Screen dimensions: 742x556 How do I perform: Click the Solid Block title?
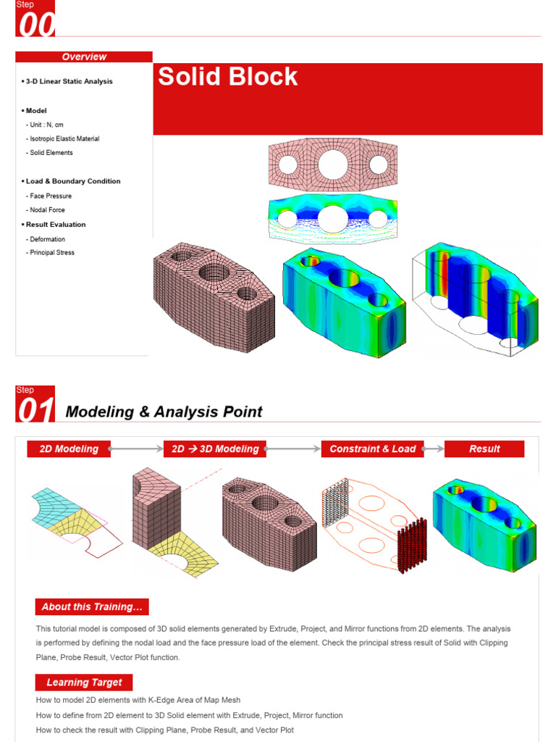click(x=228, y=77)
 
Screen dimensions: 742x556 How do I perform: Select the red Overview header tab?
click(x=84, y=57)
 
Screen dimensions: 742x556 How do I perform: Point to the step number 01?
click(x=35, y=411)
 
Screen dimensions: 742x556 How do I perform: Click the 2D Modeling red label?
click(x=69, y=449)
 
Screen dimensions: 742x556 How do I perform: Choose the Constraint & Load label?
click(x=373, y=449)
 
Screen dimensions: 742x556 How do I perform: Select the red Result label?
click(x=484, y=449)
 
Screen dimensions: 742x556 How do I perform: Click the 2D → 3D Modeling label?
click(x=215, y=449)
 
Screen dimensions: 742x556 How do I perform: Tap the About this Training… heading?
click(x=92, y=606)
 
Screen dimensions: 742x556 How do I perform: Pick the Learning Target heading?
click(x=84, y=682)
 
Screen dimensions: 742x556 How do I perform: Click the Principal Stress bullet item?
click(x=52, y=253)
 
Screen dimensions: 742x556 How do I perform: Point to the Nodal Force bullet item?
click(x=47, y=210)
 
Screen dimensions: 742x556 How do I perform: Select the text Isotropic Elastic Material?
click(x=64, y=138)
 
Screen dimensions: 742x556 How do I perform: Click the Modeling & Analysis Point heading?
click(x=164, y=412)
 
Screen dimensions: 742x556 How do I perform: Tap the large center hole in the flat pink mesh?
click(x=332, y=164)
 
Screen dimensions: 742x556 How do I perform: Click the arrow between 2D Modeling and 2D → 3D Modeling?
click(x=137, y=449)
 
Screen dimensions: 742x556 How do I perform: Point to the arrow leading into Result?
click(x=434, y=449)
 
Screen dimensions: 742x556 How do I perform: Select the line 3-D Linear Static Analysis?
click(x=69, y=82)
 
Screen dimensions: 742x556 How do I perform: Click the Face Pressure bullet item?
click(x=51, y=196)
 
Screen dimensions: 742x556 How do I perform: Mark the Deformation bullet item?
click(x=47, y=239)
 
